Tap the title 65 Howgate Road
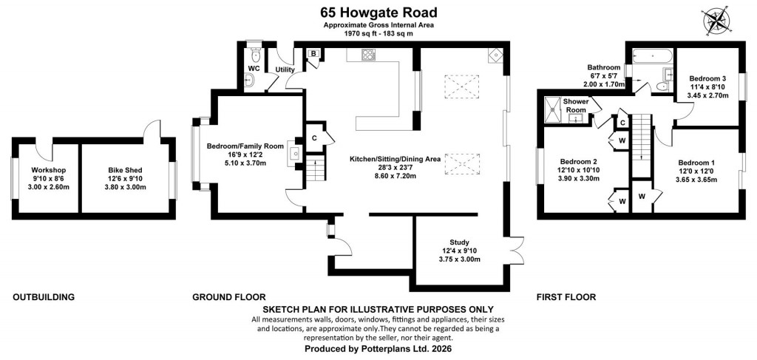point(378,12)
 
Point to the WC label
point(253,69)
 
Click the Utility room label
point(285,70)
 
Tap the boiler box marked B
point(313,54)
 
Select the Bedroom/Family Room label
point(245,146)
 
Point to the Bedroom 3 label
point(707,78)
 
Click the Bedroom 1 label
point(696,163)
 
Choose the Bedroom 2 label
point(578,162)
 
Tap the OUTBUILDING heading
point(44,298)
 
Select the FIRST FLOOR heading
point(566,298)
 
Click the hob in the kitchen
point(367,54)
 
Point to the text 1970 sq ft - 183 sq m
point(378,34)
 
